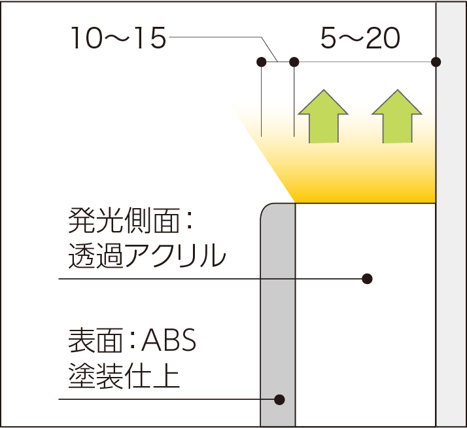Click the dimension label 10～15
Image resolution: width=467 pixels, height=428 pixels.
coord(118,38)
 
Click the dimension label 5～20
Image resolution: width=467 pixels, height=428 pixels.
coord(360,38)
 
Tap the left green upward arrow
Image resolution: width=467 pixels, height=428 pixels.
coord(323,116)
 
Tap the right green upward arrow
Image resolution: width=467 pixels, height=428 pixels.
coord(397,116)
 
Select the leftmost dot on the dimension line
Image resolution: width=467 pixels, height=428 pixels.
coord(261,62)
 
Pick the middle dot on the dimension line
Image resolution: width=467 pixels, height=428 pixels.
coord(294,62)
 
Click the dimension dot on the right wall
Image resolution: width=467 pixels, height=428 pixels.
coord(436,62)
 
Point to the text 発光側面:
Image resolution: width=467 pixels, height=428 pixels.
coord(130,221)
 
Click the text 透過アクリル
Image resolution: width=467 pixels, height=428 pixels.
coord(147,255)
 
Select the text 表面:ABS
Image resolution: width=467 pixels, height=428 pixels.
coord(132,341)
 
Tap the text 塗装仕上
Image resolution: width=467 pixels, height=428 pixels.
coord(124,375)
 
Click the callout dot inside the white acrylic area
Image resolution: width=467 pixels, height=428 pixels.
coord(367,279)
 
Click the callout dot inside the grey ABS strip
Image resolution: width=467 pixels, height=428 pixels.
coord(279,400)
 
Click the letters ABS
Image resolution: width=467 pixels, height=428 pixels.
coord(169,341)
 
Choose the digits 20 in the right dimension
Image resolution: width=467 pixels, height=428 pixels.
coord(383,38)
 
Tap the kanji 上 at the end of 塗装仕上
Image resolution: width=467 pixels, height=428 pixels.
coord(167,375)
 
